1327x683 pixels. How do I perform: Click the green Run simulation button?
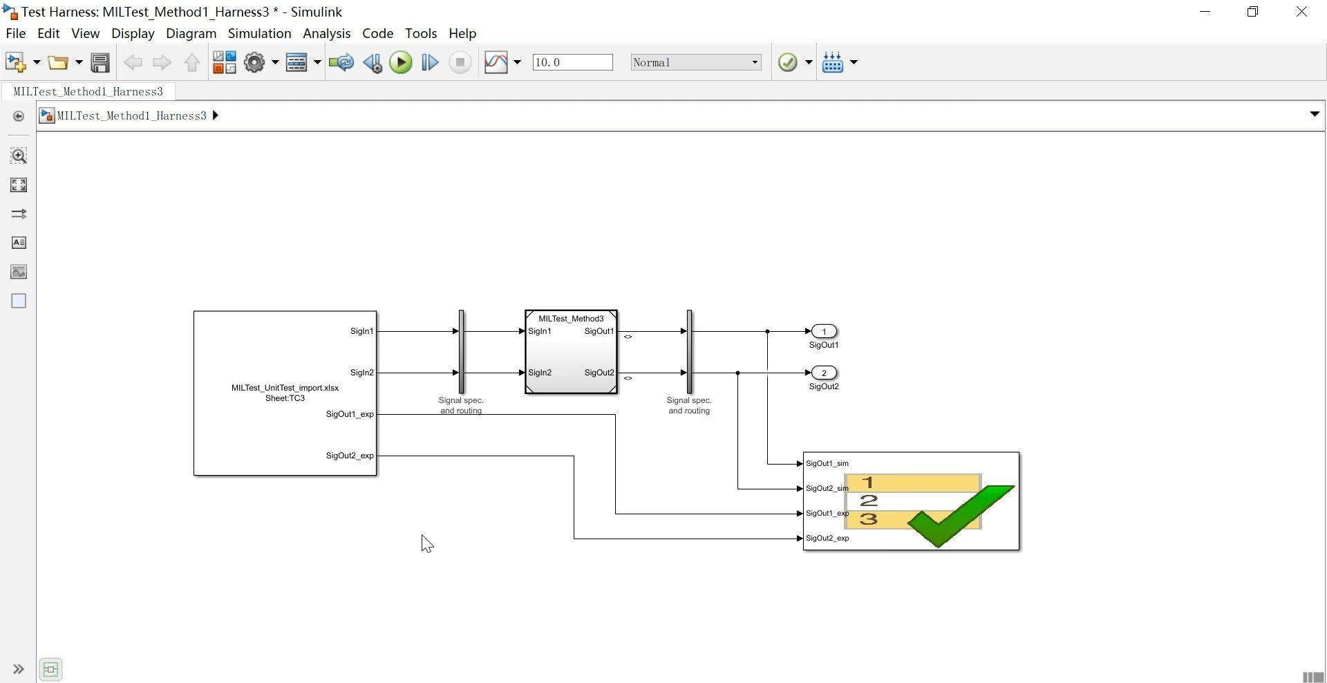[400, 62]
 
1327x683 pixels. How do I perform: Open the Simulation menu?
[259, 33]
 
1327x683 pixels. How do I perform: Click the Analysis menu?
[326, 33]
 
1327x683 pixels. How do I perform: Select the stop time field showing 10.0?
[572, 62]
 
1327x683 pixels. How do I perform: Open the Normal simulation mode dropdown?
[695, 62]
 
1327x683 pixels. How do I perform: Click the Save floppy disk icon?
[100, 62]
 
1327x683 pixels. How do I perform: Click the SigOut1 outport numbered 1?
[823, 331]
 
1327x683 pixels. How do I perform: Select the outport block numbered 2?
[823, 373]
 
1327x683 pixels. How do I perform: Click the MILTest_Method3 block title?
[571, 319]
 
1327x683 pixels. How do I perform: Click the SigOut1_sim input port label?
[827, 463]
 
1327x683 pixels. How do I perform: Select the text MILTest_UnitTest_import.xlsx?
[285, 388]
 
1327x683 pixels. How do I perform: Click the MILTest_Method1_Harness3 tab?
[88, 91]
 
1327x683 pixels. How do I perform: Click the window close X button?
[1301, 12]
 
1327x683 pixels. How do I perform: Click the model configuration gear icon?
[254, 62]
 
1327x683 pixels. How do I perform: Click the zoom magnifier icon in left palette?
[19, 156]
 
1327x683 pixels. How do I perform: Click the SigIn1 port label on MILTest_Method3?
[540, 331]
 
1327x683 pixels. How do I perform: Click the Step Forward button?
[429, 62]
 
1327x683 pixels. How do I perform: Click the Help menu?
[462, 33]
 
